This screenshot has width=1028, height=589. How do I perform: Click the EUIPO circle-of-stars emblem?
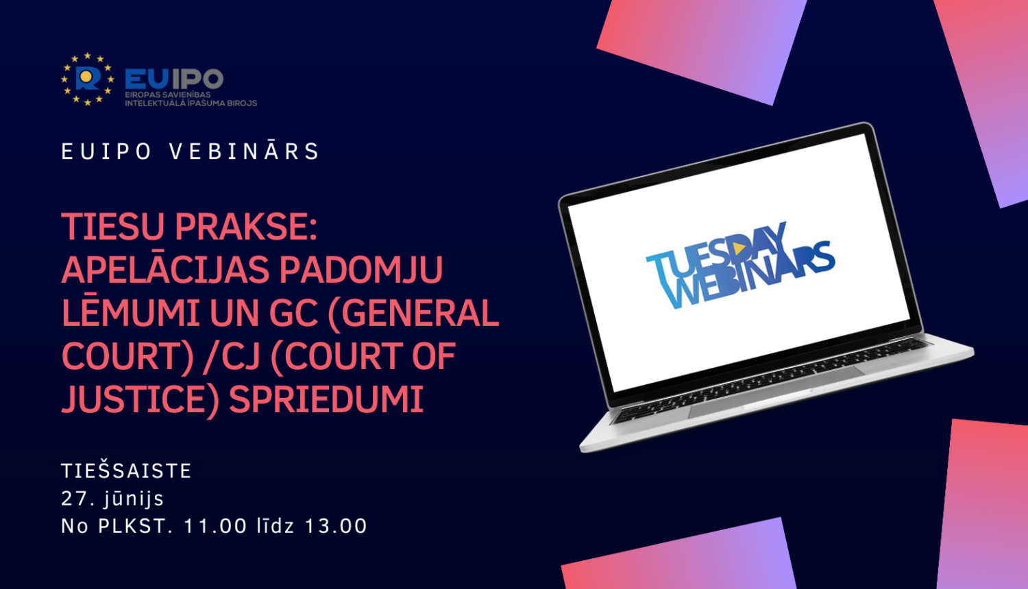[x=87, y=79]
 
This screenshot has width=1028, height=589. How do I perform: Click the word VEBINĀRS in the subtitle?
[x=244, y=151]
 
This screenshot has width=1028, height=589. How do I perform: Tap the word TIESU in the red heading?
[x=113, y=227]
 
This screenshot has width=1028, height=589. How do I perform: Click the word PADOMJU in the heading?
[x=361, y=270]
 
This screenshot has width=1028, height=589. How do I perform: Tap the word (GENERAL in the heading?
[x=414, y=314]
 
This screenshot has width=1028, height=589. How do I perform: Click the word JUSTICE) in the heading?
[x=140, y=400]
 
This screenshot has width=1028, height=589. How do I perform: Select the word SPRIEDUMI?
[x=326, y=399]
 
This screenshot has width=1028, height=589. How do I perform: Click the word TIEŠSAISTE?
[x=126, y=471]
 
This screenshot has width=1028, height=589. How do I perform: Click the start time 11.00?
[x=216, y=526]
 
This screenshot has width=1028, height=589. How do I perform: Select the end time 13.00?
[x=336, y=526]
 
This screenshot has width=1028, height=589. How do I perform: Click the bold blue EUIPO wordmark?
[x=174, y=79]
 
